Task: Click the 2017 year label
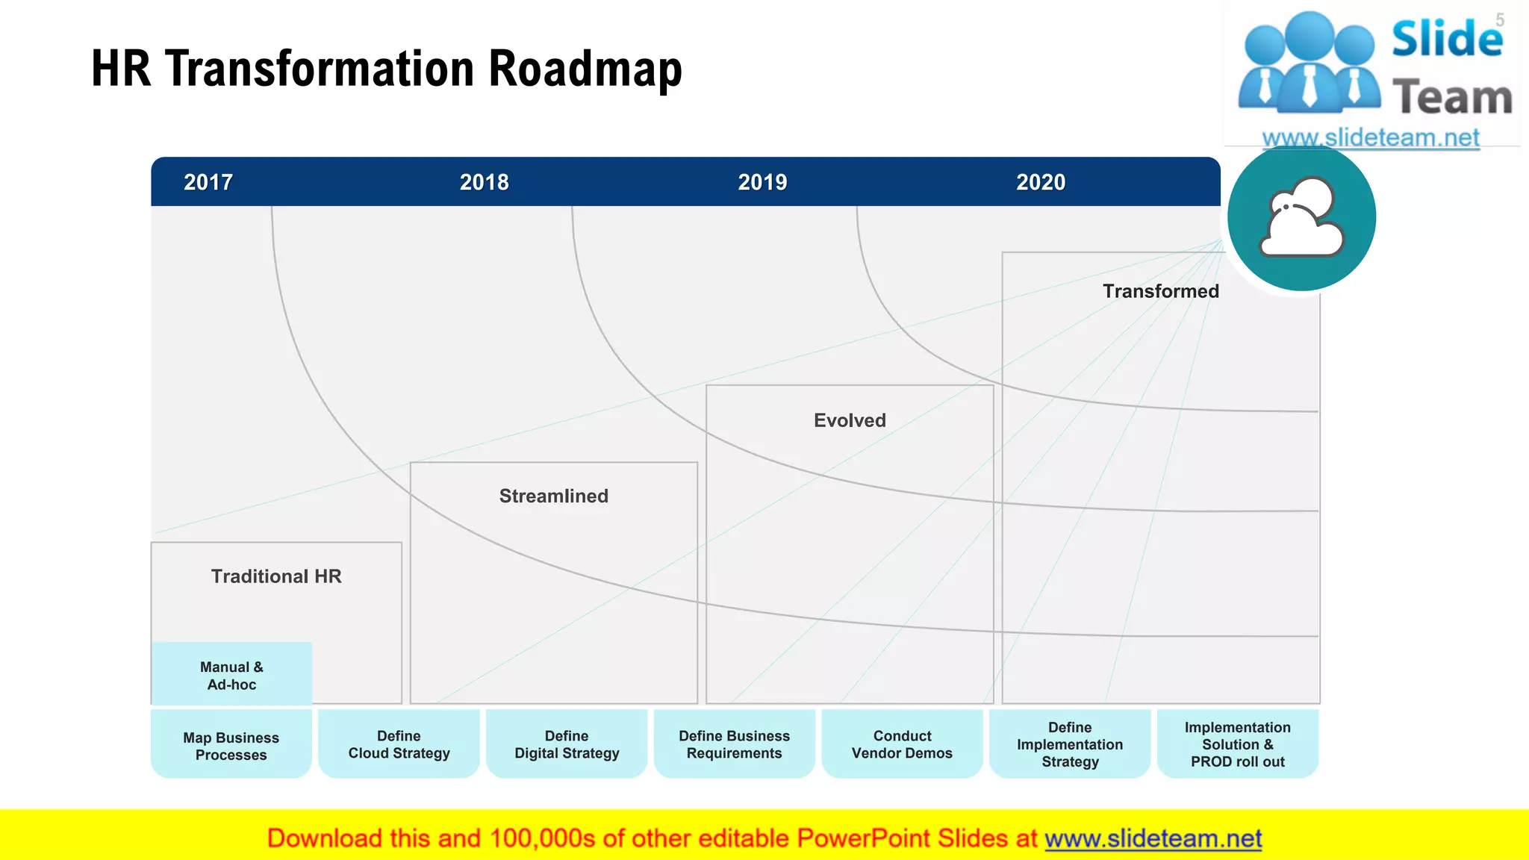pos(208,182)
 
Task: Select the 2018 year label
pos(484,182)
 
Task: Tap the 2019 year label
pos(762,182)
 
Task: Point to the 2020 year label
pos(1041,182)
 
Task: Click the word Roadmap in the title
pos(585,69)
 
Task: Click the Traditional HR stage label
pos(276,576)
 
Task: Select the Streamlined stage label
pos(553,496)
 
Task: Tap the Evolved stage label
pos(850,420)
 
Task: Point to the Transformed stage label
pos(1160,291)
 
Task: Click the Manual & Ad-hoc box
pos(231,675)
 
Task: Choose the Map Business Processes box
pos(231,745)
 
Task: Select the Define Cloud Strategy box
pos(399,744)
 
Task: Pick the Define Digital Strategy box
pos(567,744)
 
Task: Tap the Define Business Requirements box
pos(734,744)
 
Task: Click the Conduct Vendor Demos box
pos(902,744)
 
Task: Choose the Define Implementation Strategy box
pos(1069,744)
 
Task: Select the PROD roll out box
pos(1237,744)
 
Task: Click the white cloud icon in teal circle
pos(1301,217)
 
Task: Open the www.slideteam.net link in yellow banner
pos(1153,838)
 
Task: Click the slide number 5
pos(1499,21)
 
